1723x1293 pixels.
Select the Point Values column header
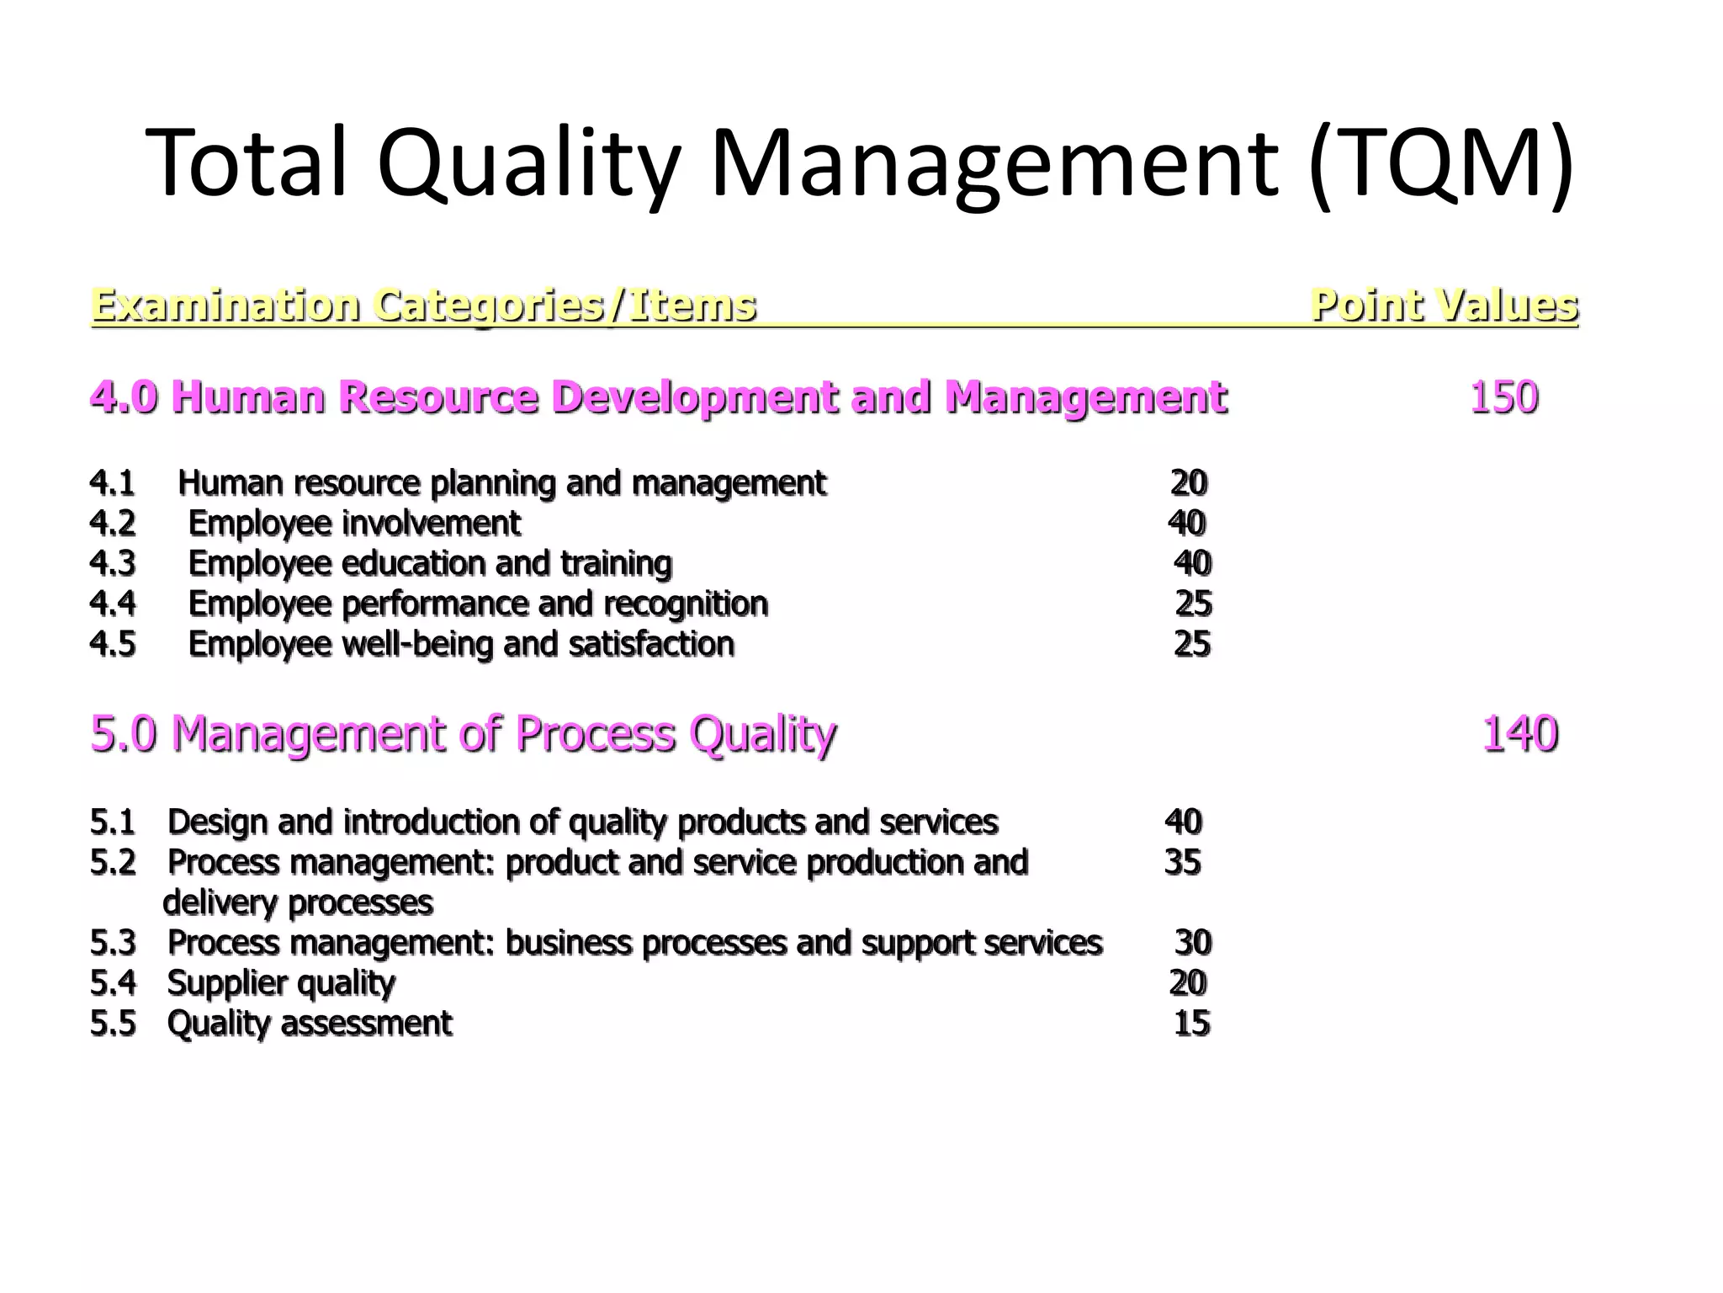(1444, 305)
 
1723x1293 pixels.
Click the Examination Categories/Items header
(423, 305)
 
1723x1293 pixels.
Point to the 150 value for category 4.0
(1503, 397)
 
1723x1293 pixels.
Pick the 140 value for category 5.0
(1519, 733)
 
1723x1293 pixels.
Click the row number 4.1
(112, 483)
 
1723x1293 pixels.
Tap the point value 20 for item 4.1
(1188, 483)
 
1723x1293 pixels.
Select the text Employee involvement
(354, 524)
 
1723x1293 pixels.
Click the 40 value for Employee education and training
(1192, 563)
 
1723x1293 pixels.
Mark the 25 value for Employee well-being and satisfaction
(1191, 644)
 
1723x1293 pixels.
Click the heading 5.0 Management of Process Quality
(463, 733)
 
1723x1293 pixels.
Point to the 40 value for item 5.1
(1183, 822)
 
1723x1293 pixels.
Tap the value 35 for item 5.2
(1182, 862)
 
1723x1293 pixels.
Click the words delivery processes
(298, 902)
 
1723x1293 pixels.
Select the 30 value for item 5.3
(1192, 943)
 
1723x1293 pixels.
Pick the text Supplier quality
(281, 982)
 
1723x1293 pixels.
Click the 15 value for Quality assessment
(1191, 1023)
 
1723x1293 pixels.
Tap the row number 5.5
(112, 1023)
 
